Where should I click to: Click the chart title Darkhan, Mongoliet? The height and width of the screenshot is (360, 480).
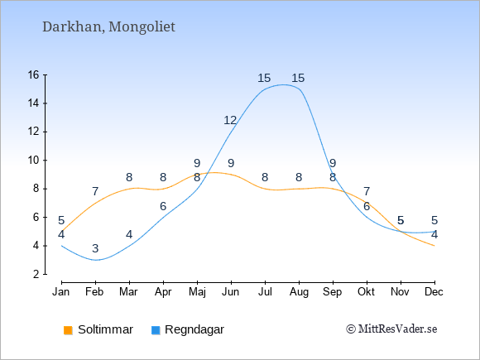point(108,27)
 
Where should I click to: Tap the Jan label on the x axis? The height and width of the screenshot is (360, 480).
point(61,292)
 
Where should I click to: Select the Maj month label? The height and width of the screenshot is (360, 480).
point(197,292)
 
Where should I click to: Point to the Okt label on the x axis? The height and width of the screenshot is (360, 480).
point(366,292)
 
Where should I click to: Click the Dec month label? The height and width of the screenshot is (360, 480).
point(434,292)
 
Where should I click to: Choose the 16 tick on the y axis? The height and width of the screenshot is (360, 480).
point(33,74)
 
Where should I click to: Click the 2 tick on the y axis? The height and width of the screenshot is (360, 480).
point(36,274)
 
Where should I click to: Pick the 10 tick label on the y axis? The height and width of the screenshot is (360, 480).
point(33,160)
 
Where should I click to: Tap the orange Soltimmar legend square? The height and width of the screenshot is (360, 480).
point(68,330)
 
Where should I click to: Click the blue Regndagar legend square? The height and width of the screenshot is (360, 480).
point(156,330)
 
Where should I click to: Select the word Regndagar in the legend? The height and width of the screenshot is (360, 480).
point(194,330)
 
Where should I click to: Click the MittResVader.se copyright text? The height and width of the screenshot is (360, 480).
point(391,329)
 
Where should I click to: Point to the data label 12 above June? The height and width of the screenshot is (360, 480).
point(230,120)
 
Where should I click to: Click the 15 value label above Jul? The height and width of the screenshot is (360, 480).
point(264,78)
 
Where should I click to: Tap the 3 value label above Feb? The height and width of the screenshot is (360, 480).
point(95,248)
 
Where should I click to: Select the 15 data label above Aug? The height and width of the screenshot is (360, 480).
point(298,78)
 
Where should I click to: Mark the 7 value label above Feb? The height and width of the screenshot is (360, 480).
point(95,191)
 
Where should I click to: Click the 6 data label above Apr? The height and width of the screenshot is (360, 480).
point(163,206)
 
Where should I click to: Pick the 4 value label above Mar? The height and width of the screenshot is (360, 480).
point(129,234)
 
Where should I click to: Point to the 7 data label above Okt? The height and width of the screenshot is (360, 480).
point(367,191)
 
